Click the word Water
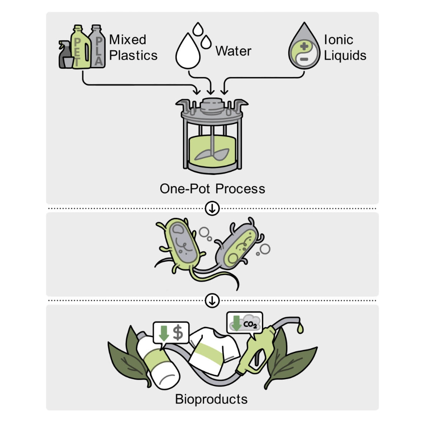(x=233, y=51)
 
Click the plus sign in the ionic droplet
(x=304, y=46)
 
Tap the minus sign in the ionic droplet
(x=304, y=59)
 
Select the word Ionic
(x=339, y=40)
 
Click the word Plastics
(x=133, y=55)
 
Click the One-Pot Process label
(x=212, y=188)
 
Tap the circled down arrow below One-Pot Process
(x=212, y=209)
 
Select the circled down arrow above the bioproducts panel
(x=212, y=301)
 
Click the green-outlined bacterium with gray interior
(x=181, y=244)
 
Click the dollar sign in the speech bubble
(x=178, y=333)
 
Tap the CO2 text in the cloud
(x=250, y=324)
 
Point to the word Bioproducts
(x=212, y=399)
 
